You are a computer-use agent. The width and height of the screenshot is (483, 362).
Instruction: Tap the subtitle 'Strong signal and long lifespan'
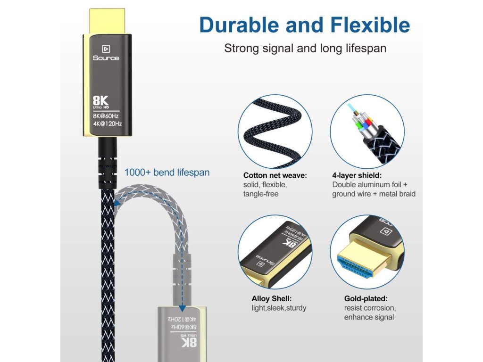coord(305,48)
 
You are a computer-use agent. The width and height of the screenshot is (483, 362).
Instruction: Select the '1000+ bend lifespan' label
coord(167,173)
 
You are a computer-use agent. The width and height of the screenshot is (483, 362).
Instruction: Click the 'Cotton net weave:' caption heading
coord(275,175)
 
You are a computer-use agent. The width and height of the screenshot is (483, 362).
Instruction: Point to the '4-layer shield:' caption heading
coord(357,175)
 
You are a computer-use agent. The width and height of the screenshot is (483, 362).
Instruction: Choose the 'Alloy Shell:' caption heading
coord(271,298)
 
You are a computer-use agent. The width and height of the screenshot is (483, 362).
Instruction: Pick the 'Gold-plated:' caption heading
coord(366,298)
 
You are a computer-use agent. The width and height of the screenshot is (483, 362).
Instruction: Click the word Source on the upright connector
coord(106,58)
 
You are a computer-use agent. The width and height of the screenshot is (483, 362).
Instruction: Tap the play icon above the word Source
coord(106,49)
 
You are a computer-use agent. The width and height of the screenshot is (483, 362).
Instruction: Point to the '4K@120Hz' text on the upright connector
coord(108,124)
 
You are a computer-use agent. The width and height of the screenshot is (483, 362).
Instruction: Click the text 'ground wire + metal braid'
coord(374,194)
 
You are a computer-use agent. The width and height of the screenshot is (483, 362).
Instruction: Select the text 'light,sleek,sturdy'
coord(279,308)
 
